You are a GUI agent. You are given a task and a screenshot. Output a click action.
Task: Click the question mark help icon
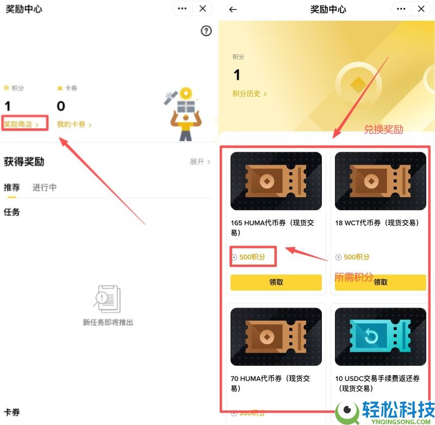point(206,31)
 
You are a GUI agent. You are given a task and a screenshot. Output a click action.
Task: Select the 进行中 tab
point(45,187)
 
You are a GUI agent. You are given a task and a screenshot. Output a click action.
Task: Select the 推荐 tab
point(11,187)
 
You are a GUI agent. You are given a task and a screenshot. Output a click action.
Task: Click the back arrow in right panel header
point(233,9)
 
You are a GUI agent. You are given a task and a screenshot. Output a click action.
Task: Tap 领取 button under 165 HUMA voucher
point(276,283)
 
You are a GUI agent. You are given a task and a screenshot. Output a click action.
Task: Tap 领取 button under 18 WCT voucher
point(381,283)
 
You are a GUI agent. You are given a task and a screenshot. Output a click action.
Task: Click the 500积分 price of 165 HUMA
point(252,257)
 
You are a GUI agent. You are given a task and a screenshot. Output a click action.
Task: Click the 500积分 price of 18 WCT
point(356,257)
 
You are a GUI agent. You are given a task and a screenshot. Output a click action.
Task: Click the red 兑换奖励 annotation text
point(383,130)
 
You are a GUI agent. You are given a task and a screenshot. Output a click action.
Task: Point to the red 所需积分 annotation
point(353,277)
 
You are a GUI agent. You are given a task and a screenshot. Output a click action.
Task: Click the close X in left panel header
point(203,9)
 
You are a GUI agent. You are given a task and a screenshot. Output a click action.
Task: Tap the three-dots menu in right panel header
point(401,9)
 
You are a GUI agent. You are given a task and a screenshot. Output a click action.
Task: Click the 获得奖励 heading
point(24,162)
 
